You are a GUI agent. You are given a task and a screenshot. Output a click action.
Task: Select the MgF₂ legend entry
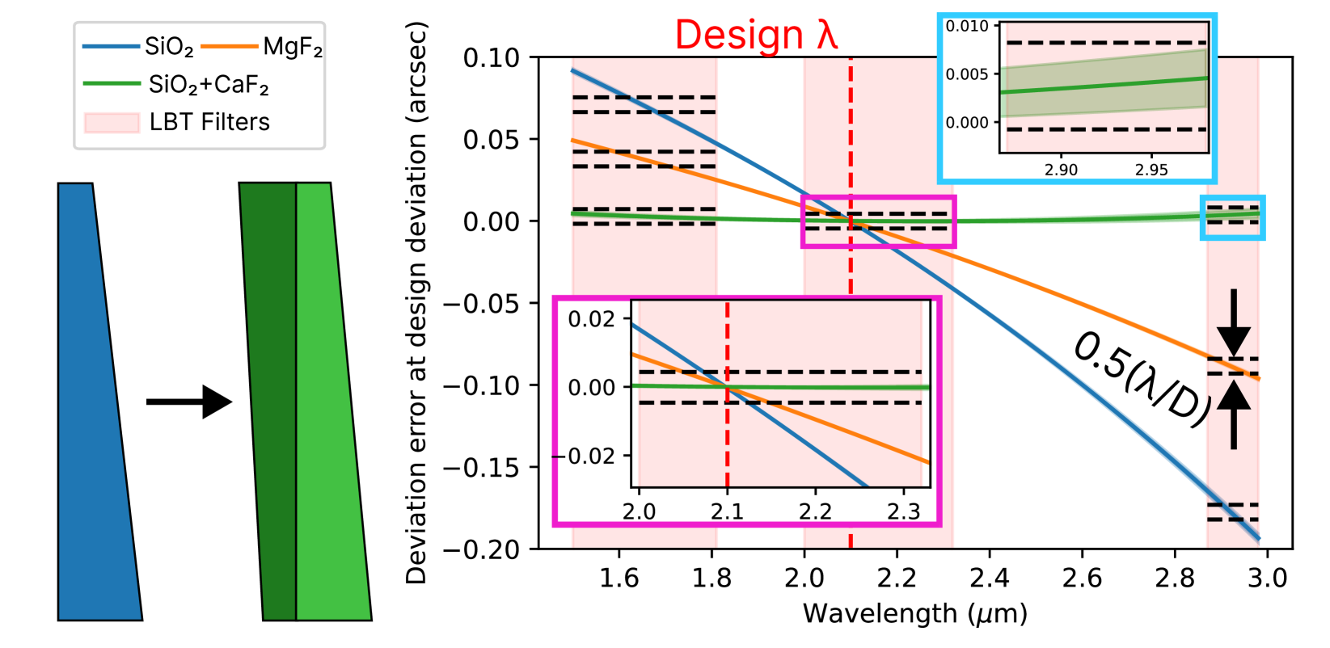click(262, 47)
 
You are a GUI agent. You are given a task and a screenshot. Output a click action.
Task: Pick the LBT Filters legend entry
click(178, 122)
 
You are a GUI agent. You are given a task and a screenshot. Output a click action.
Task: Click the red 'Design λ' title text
click(756, 36)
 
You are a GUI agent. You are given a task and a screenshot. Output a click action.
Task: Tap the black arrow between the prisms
click(189, 402)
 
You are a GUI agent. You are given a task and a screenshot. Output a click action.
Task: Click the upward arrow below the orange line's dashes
click(1234, 414)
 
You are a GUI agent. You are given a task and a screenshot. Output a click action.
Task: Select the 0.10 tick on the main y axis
click(492, 58)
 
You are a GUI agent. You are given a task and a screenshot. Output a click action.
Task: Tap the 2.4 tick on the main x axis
click(990, 579)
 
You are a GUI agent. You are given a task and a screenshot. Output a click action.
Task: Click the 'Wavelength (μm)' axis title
click(914, 614)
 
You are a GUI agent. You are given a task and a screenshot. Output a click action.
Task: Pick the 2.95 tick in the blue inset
click(1151, 170)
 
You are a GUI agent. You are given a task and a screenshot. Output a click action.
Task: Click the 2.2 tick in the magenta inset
click(815, 511)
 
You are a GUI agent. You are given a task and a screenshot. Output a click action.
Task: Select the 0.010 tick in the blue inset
click(968, 27)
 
